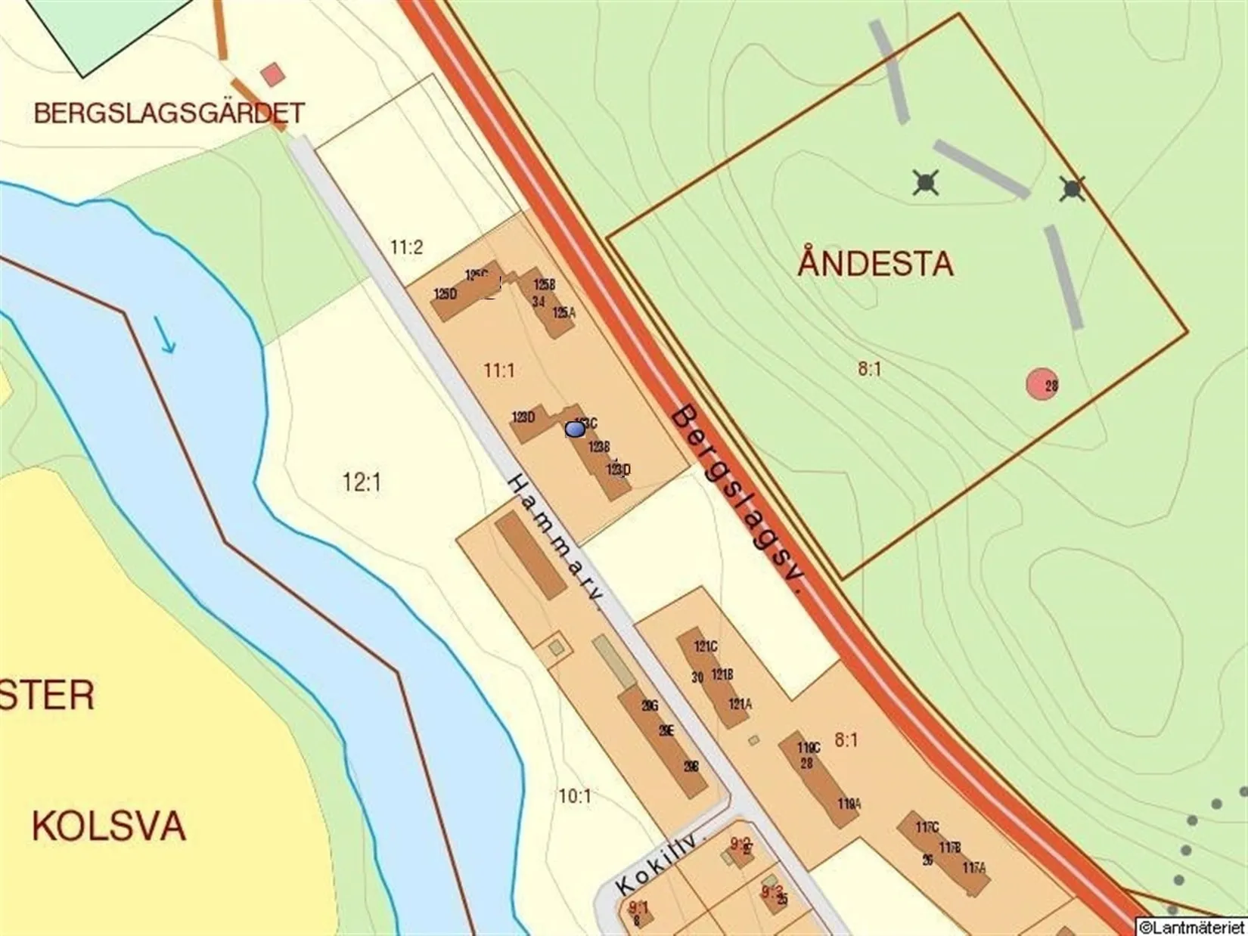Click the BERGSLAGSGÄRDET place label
pos(169,113)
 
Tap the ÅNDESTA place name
pos(875,264)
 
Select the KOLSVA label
pos(108,826)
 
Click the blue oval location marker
pos(575,429)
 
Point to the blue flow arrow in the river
pos(166,336)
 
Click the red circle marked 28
pos(1042,384)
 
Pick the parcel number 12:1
pos(362,482)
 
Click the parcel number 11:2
pos(406,247)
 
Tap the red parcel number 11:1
pos(499,370)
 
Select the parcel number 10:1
pos(575,795)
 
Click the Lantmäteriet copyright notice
pos(1191,927)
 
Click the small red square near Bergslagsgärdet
pos(272,75)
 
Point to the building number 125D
pos(445,293)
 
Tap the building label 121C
pos(706,646)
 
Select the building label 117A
pos(974,868)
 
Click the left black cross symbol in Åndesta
pos(926,182)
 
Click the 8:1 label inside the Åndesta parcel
pos(870,369)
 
